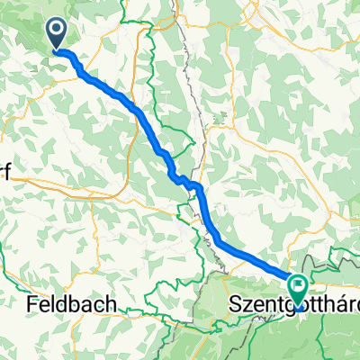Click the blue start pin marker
point(57,34)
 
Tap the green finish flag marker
point(298,290)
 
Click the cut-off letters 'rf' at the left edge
point(4,176)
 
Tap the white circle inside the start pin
point(57,31)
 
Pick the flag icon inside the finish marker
point(298,287)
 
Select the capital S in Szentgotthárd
point(237,306)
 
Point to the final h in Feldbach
point(111,305)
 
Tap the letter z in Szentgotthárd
point(248,307)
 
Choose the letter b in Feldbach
point(75,305)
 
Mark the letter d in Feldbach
point(62,305)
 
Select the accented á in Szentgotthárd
point(338,305)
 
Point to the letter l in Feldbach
point(51,305)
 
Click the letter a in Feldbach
point(87,307)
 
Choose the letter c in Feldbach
point(99,307)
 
